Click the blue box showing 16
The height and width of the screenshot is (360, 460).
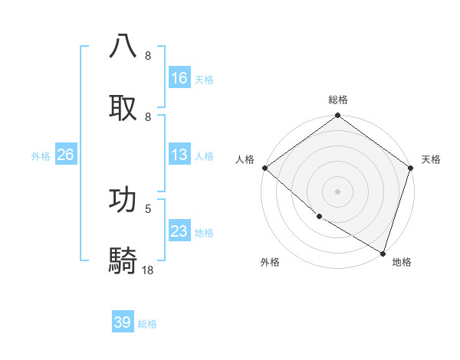click(179, 78)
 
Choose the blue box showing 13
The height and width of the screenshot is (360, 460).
click(179, 155)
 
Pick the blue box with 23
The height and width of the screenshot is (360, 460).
click(179, 231)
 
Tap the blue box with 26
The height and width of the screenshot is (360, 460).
click(65, 155)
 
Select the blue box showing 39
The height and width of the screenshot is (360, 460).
click(123, 322)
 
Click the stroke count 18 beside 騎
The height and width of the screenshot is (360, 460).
click(148, 270)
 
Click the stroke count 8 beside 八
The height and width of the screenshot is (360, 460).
click(147, 56)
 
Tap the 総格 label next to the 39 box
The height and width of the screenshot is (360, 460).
click(147, 324)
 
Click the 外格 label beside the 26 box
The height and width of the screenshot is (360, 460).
click(41, 156)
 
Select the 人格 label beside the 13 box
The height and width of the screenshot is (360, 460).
click(204, 156)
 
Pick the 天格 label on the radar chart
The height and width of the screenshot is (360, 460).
click(431, 159)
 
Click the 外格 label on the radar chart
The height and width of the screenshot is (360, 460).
click(269, 262)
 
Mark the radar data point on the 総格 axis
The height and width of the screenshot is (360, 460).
click(337, 116)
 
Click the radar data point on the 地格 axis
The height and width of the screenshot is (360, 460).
click(383, 252)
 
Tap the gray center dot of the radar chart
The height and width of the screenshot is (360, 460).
click(337, 191)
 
